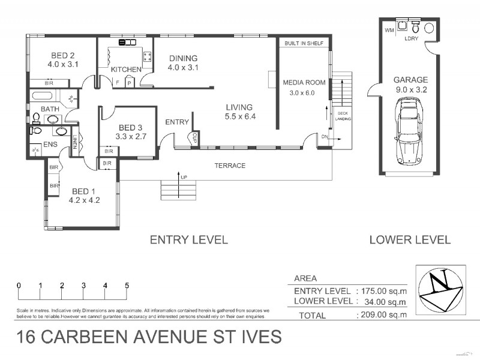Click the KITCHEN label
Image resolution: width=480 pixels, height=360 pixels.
(x=127, y=70)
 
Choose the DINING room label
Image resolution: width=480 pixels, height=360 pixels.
(x=183, y=59)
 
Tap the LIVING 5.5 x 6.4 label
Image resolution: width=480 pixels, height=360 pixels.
(x=240, y=112)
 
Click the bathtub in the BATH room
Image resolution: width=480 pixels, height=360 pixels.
(x=44, y=95)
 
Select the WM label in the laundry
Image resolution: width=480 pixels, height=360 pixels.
(x=388, y=29)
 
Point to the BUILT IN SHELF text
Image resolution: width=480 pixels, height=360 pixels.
(x=305, y=44)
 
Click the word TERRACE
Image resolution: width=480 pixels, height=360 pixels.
(x=230, y=166)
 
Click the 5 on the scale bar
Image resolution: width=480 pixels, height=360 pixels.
(x=127, y=286)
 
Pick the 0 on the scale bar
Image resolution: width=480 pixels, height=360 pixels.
(x=19, y=286)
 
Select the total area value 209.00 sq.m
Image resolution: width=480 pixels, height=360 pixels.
(x=382, y=314)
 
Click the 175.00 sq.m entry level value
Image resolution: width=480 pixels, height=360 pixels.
(x=382, y=291)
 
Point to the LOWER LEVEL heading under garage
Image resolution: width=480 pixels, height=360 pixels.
(x=410, y=240)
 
